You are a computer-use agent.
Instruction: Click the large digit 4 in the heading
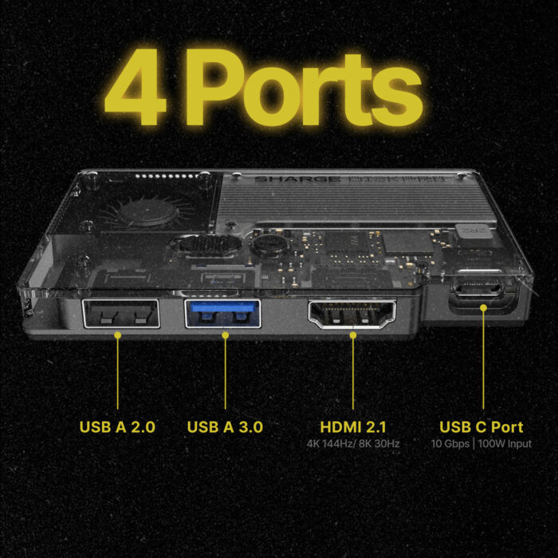click(136, 87)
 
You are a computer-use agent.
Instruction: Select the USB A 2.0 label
click(117, 427)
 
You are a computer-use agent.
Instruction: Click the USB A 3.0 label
click(225, 427)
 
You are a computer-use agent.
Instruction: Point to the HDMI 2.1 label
click(353, 427)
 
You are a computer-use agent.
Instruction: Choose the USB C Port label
click(481, 427)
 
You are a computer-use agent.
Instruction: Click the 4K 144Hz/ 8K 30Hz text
click(353, 444)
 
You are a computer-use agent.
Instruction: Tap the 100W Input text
click(505, 444)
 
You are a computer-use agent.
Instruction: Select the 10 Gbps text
click(450, 444)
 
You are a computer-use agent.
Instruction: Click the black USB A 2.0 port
click(121, 313)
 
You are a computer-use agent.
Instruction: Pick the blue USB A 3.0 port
click(223, 313)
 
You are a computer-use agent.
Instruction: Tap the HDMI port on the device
click(352, 314)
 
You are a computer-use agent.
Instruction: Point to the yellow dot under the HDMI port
click(353, 336)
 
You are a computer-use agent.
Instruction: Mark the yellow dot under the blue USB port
click(226, 336)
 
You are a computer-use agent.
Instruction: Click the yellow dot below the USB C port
click(483, 308)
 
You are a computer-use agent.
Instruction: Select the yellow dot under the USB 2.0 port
click(118, 336)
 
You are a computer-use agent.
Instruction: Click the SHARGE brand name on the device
click(297, 179)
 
